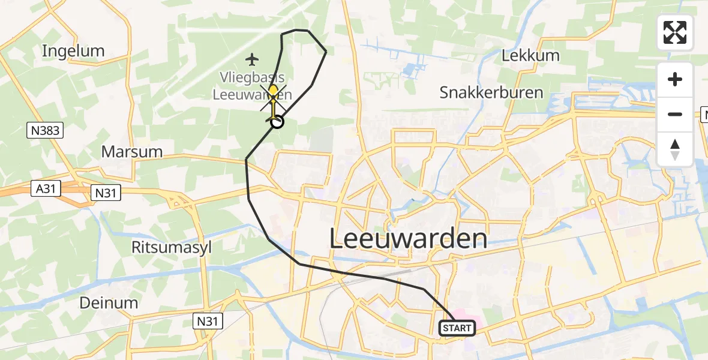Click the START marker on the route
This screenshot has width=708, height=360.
click(x=458, y=328)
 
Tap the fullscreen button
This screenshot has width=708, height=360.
click(x=675, y=32)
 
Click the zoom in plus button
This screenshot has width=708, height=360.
click(x=675, y=79)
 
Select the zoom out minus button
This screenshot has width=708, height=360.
click(x=675, y=114)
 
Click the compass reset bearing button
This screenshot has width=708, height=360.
click(x=675, y=149)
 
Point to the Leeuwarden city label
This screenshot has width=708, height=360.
click(x=408, y=239)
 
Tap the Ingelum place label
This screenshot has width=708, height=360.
click(x=73, y=51)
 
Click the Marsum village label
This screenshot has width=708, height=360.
click(x=132, y=152)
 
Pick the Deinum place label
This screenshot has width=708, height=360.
click(x=109, y=302)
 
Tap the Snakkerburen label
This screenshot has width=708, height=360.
click(x=491, y=93)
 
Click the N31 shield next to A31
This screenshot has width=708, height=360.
click(x=106, y=193)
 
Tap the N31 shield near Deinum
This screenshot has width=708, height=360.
click(x=208, y=322)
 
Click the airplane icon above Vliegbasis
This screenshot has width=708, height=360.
click(x=252, y=59)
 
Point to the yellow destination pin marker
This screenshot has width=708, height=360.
click(x=273, y=92)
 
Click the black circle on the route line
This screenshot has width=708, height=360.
click(x=277, y=122)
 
